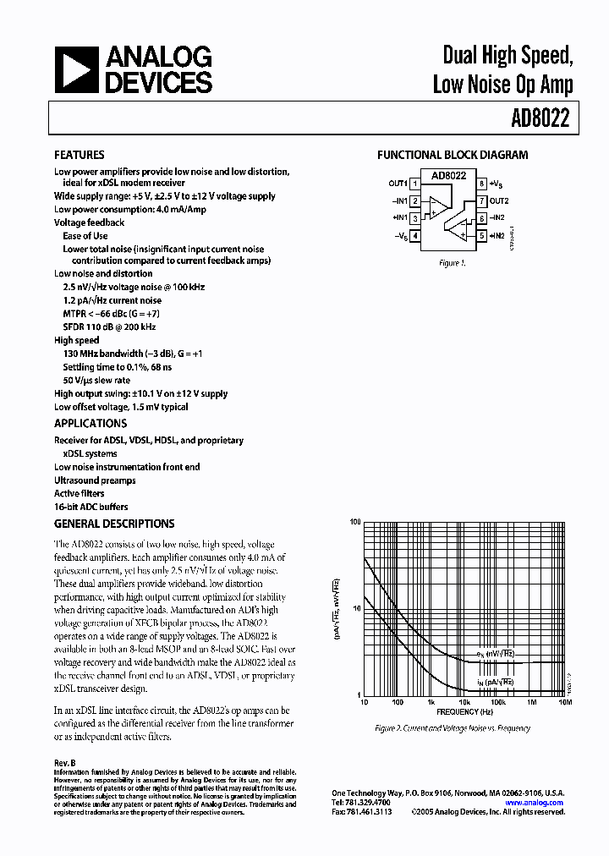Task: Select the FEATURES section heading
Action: click(80, 156)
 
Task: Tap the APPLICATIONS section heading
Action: click(91, 424)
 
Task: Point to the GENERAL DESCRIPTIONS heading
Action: click(114, 524)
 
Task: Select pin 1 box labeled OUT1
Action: click(415, 184)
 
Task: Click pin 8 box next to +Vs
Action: click(481, 184)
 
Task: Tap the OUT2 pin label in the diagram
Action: click(499, 201)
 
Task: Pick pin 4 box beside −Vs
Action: click(415, 236)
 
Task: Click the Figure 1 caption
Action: click(452, 263)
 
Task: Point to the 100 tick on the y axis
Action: click(354, 523)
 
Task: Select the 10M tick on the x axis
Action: click(564, 702)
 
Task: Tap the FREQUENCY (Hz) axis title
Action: click(464, 712)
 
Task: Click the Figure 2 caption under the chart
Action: click(453, 728)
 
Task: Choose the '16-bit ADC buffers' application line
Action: click(91, 507)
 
